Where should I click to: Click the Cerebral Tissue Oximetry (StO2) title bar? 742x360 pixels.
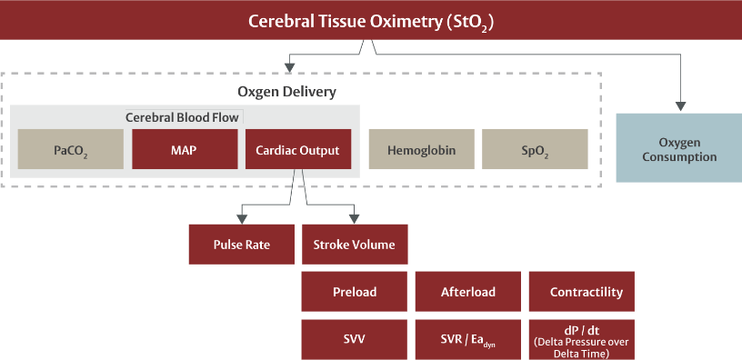371,20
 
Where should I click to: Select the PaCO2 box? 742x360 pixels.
71,149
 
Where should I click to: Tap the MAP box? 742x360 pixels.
184,149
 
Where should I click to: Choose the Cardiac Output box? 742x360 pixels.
297,149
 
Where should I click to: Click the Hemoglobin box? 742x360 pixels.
420,149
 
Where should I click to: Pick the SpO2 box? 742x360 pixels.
535,149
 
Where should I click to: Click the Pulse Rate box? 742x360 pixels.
241,245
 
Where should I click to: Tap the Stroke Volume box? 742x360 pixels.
355,245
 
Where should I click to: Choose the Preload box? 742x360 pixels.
355,292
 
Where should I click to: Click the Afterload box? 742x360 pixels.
468,292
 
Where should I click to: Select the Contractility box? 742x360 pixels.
587,292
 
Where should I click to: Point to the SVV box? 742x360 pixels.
355,338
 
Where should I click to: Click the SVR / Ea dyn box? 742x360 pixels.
468,338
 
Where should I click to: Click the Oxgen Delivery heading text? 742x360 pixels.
287,92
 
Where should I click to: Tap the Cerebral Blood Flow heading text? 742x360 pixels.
182,117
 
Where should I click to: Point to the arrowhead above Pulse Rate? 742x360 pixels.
241,218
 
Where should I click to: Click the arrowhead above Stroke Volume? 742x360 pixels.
355,218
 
